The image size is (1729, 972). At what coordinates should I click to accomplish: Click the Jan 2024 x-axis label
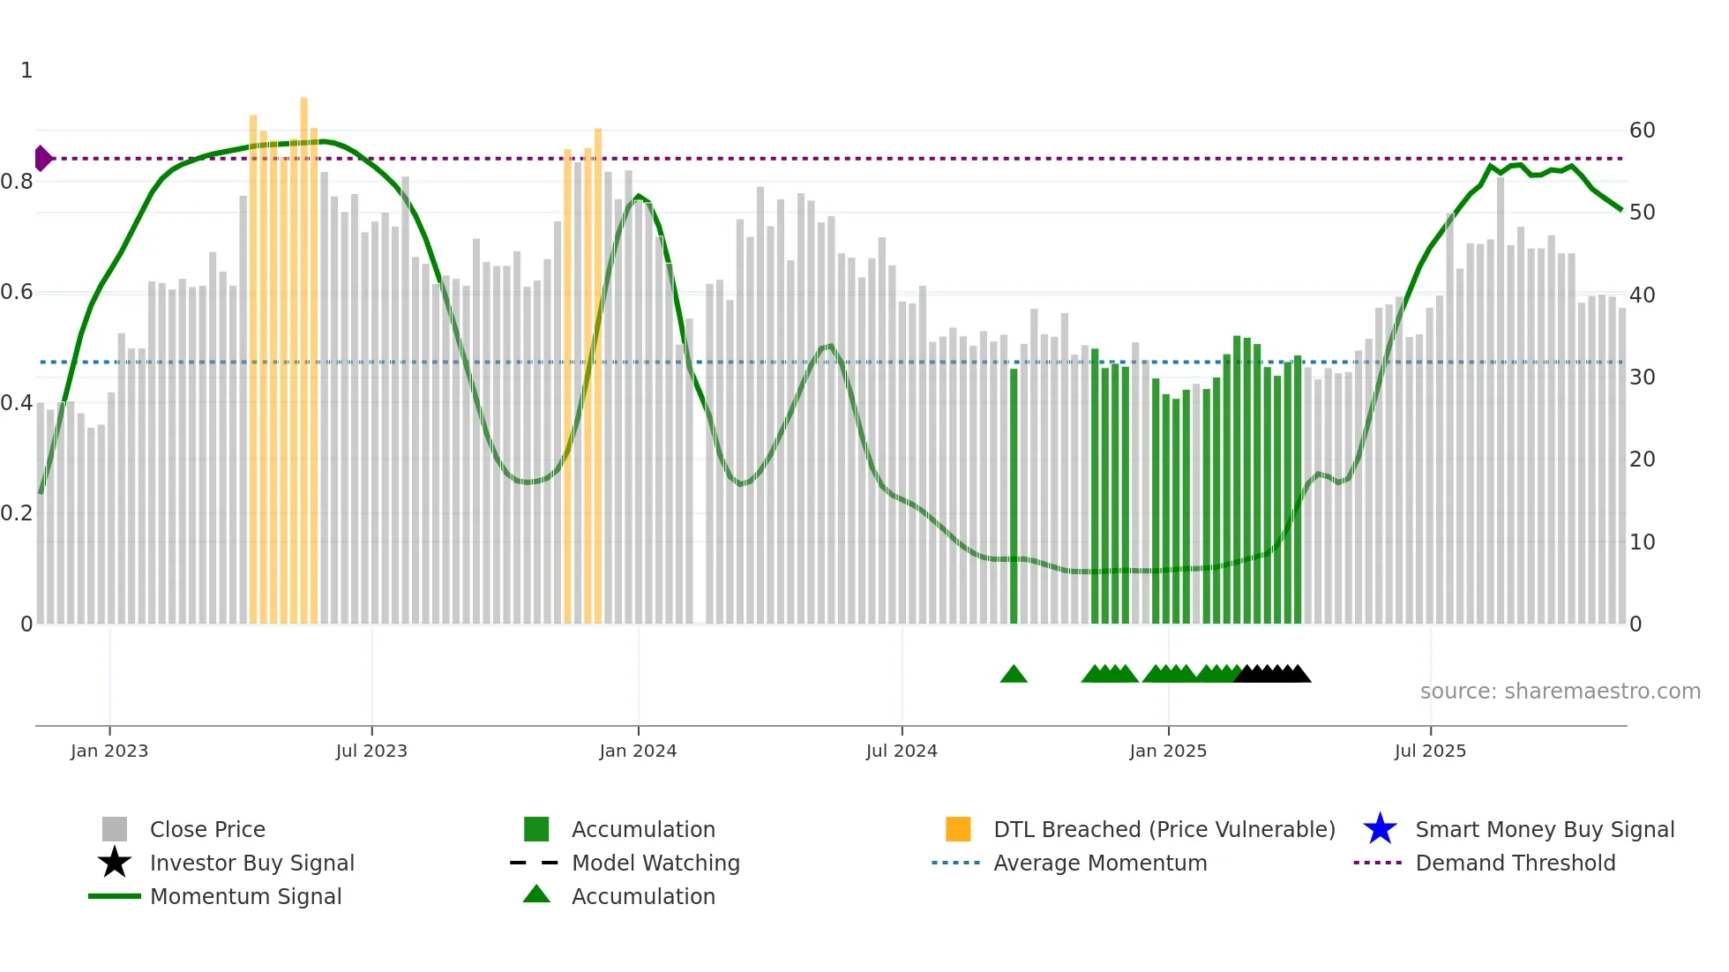(x=638, y=751)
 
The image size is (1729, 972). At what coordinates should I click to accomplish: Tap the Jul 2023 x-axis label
(x=371, y=751)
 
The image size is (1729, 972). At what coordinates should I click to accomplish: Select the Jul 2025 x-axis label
(x=1430, y=751)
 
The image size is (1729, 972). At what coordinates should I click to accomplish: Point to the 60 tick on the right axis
(x=1642, y=131)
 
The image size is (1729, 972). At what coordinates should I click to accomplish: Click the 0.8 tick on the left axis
(x=17, y=182)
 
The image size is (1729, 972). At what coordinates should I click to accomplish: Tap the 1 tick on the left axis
(x=26, y=71)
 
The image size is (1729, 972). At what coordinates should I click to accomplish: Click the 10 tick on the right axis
(x=1642, y=542)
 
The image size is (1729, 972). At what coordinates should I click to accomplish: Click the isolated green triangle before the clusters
(x=1014, y=675)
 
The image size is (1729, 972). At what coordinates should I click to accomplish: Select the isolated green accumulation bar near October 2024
(x=1014, y=494)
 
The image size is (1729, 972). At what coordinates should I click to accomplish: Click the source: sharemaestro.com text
(x=1560, y=692)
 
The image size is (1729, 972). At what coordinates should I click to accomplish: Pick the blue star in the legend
(x=1380, y=829)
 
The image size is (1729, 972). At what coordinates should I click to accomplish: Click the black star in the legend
(x=115, y=863)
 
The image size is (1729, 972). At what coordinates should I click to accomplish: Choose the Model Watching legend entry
(x=655, y=863)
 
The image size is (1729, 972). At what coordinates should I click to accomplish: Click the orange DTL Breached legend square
(x=958, y=829)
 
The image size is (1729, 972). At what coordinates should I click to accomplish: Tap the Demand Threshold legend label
(x=1515, y=863)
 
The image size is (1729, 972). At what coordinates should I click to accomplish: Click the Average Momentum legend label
(x=1099, y=863)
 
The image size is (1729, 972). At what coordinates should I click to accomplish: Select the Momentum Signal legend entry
(x=245, y=896)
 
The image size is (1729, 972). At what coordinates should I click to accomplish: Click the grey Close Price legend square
(x=115, y=829)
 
